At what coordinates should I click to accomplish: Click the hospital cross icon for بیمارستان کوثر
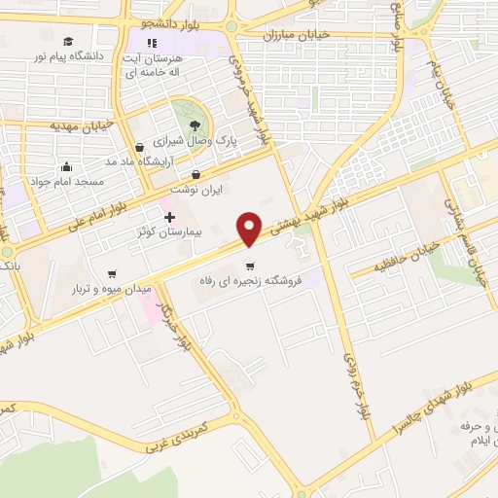coord(169,216)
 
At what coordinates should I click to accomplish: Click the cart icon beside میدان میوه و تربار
coord(113,273)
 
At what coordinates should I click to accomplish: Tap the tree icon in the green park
coord(195,124)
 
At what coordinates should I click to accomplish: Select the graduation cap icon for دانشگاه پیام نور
coord(68,41)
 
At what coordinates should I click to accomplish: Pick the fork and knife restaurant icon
coord(152,43)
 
